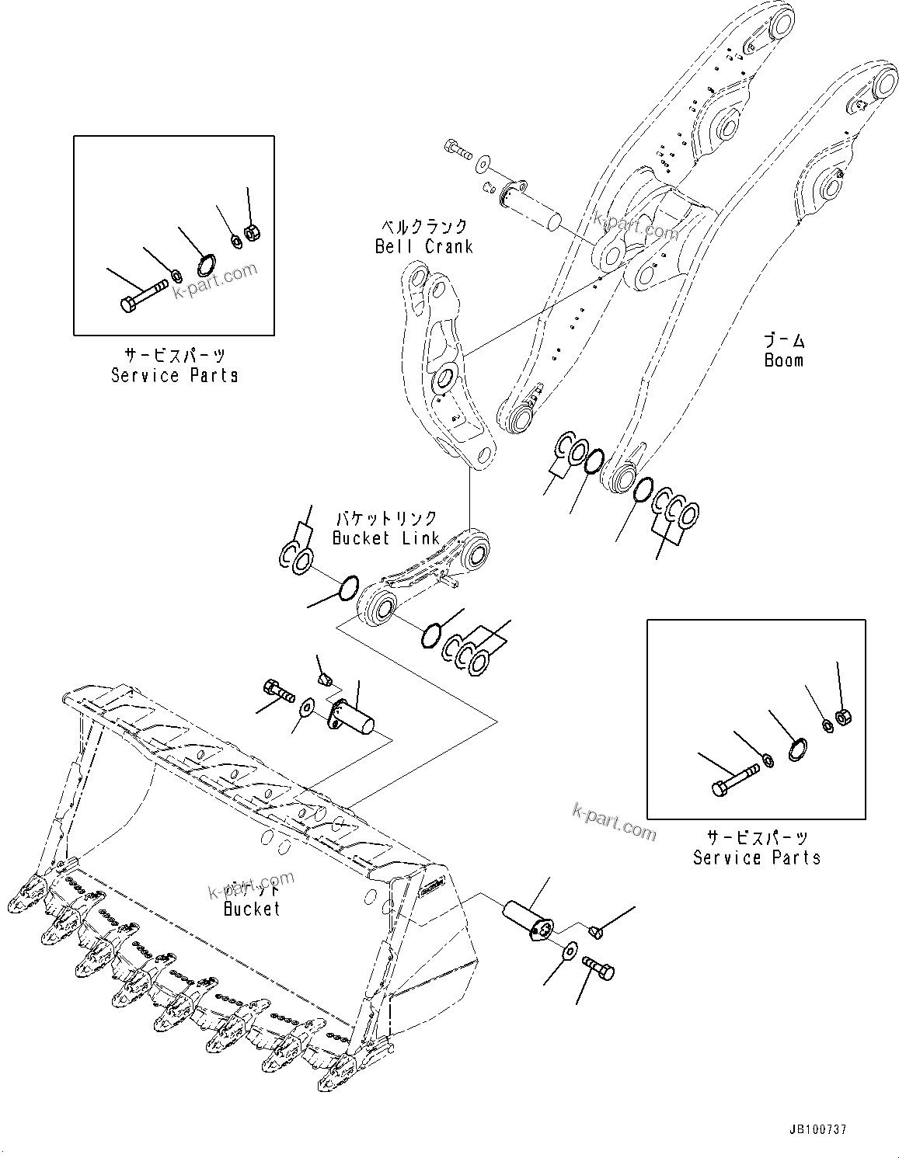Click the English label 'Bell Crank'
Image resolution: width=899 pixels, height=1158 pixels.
pos(423,246)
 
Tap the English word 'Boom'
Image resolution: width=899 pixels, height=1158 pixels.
pos(783,360)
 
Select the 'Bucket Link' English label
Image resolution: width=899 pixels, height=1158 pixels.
pos(385,537)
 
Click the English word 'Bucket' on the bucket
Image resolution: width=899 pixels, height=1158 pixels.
pos(252,908)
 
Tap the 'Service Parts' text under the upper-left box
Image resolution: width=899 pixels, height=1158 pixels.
pos(174,375)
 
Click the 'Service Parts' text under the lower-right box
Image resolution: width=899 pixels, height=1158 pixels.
pos(756,857)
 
